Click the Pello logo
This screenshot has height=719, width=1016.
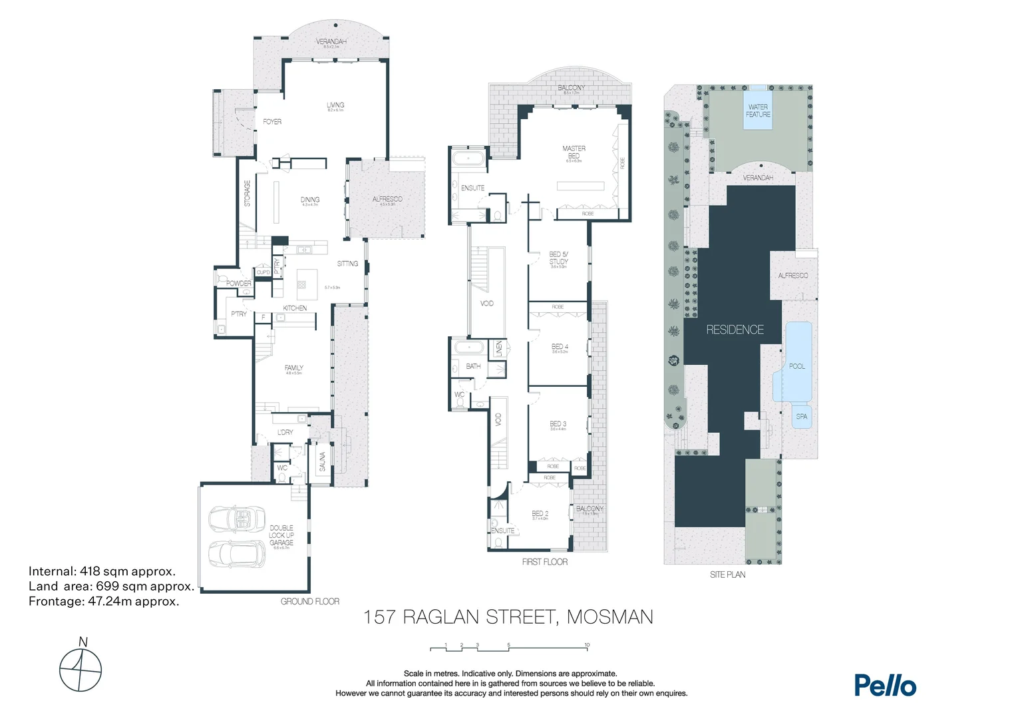885,685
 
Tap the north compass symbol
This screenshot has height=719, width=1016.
81,668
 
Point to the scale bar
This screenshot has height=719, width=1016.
509,647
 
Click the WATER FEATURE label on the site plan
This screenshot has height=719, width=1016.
758,111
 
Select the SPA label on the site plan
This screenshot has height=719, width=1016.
802,417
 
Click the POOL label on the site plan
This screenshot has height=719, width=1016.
797,366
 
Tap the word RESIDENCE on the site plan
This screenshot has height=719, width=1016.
735,330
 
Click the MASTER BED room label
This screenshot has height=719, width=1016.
574,152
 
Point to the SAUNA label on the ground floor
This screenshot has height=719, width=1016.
323,461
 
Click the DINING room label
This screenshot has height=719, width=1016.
310,200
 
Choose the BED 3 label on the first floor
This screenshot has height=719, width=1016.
558,424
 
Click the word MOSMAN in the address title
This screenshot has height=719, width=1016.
609,617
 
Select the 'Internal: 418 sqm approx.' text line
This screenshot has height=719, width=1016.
102,571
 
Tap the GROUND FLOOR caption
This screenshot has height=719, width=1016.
310,601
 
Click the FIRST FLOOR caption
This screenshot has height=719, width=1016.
545,562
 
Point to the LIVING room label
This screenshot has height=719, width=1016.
335,105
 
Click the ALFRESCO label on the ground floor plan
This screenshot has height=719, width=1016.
387,199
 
